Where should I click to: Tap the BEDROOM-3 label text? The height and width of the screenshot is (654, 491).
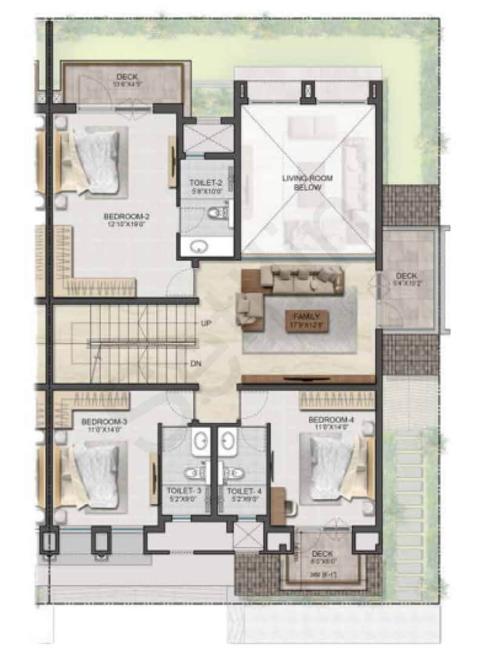(x=96, y=421)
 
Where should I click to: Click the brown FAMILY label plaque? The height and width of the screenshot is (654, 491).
(x=307, y=320)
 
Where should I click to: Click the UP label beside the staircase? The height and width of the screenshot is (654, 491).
(x=205, y=323)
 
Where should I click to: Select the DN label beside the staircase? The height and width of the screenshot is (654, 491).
(x=196, y=364)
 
